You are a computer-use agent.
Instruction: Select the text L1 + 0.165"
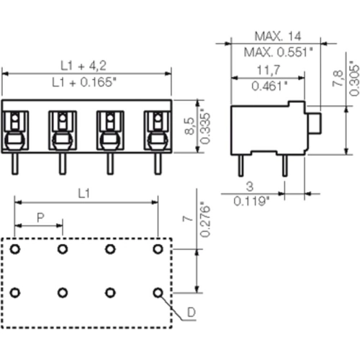(x=86, y=83)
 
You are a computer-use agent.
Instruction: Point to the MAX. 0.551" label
(x=277, y=52)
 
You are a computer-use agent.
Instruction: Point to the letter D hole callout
(x=191, y=312)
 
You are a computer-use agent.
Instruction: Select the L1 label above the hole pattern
(x=84, y=194)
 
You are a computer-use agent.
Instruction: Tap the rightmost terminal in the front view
(x=156, y=127)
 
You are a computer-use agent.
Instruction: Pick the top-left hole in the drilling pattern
(x=15, y=248)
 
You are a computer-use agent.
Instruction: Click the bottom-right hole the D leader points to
(x=158, y=292)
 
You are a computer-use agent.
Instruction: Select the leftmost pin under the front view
(x=15, y=163)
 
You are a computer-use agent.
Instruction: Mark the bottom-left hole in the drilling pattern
(x=15, y=292)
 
